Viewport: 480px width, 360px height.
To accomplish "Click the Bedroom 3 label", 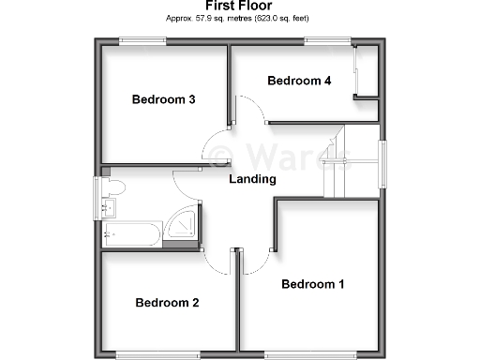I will point(163,99).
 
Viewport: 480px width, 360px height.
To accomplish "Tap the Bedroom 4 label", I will point(299,81).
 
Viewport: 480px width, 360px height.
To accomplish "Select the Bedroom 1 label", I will point(313,284).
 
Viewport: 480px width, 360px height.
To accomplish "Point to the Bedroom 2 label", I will point(167,302).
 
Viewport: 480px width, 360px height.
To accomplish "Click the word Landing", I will point(253,179).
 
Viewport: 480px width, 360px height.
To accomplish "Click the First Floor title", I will point(238,6).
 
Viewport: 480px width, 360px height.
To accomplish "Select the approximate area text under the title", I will point(238,19).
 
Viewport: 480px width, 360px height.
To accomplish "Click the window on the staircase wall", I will point(382,163).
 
